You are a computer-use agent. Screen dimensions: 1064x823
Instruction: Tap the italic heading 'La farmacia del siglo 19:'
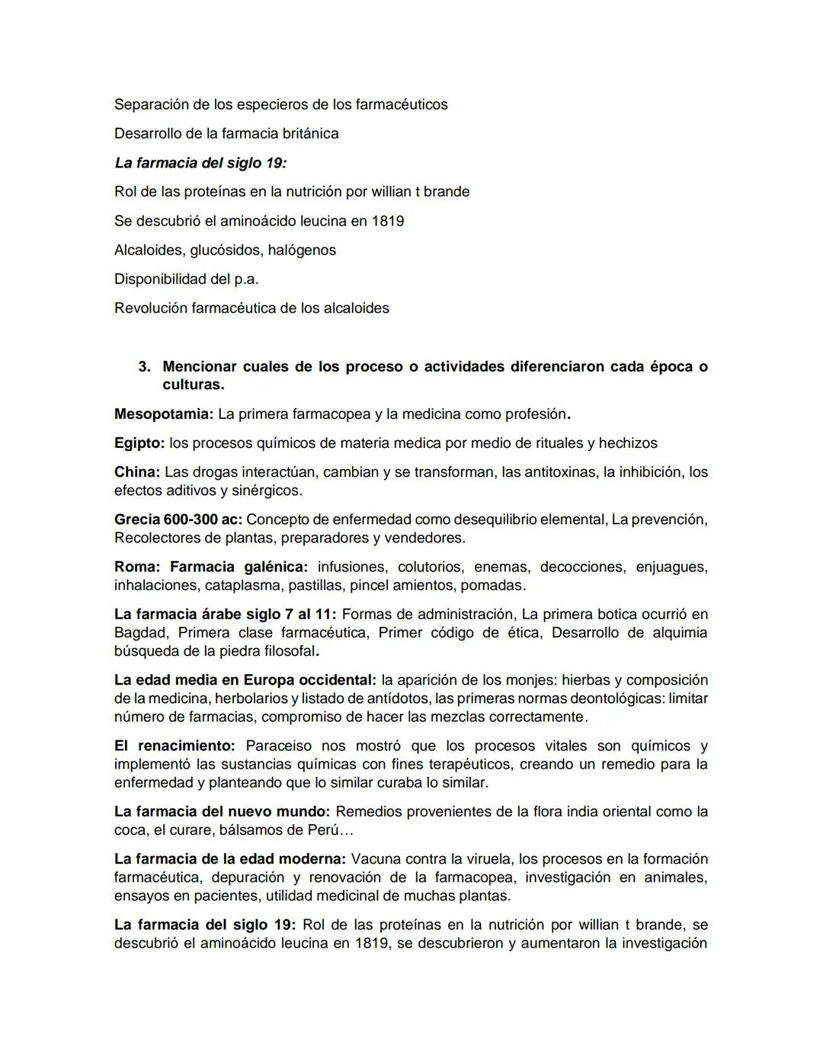pyautogui.click(x=200, y=162)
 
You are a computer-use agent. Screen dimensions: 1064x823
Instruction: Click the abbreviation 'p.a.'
pyautogui.click(x=246, y=279)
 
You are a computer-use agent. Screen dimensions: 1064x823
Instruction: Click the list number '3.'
pyautogui.click(x=145, y=366)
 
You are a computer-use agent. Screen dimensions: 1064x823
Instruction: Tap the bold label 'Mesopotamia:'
pyautogui.click(x=164, y=414)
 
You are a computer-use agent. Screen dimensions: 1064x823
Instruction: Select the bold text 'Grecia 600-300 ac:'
pyautogui.click(x=178, y=519)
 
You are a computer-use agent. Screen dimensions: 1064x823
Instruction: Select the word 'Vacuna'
pyautogui.click(x=376, y=859)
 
